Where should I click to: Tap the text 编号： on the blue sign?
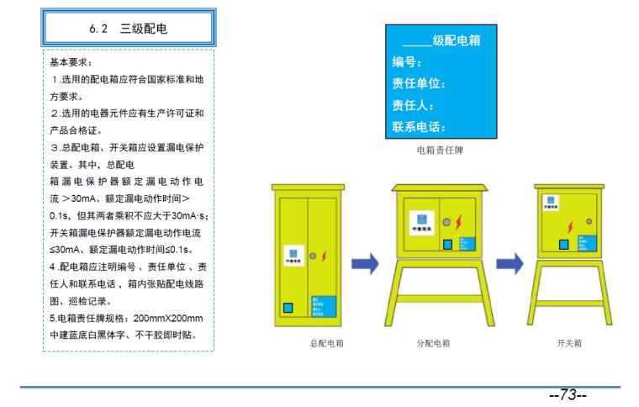pos(407,61)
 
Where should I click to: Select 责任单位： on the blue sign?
pos(419,83)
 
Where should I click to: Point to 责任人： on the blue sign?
pos(413,105)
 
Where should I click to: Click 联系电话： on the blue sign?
pos(419,127)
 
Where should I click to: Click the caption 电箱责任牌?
pos(440,151)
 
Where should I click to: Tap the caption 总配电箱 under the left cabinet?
pos(326,344)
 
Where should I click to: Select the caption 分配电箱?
pos(433,344)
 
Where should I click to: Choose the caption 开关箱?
pos(569,344)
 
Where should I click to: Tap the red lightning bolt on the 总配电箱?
pos(324,255)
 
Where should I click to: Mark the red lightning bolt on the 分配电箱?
pos(457,223)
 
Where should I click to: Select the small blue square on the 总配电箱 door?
pos(288,309)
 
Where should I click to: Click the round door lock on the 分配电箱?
pos(446,223)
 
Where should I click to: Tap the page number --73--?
pos(568,395)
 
